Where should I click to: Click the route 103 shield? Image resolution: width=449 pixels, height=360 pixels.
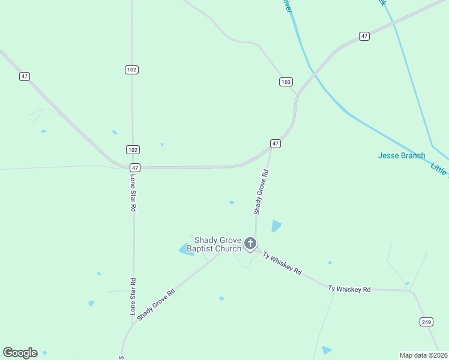286,82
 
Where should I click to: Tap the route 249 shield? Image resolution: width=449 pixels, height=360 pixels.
425,322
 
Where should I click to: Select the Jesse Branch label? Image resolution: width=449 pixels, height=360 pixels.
402,155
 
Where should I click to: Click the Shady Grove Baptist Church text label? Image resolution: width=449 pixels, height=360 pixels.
214,244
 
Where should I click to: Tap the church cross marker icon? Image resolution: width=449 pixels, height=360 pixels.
250,244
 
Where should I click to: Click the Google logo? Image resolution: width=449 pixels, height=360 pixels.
20,352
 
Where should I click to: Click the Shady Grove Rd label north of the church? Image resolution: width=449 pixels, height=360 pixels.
261,192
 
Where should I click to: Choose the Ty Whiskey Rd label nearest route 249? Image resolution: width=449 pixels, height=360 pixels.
349,289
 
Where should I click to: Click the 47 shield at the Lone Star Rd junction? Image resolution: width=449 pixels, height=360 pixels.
134,168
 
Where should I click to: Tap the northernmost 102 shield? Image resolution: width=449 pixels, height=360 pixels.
132,70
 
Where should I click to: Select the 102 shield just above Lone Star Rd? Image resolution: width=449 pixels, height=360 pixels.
133,149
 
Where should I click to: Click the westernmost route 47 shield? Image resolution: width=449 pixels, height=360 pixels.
24,76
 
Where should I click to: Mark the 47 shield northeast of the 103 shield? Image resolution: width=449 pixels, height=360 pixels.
364,36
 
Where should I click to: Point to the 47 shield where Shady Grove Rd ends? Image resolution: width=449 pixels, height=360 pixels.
275,143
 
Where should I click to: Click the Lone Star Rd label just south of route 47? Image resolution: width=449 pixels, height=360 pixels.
133,193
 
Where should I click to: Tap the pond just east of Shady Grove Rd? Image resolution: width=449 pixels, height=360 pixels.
276,226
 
